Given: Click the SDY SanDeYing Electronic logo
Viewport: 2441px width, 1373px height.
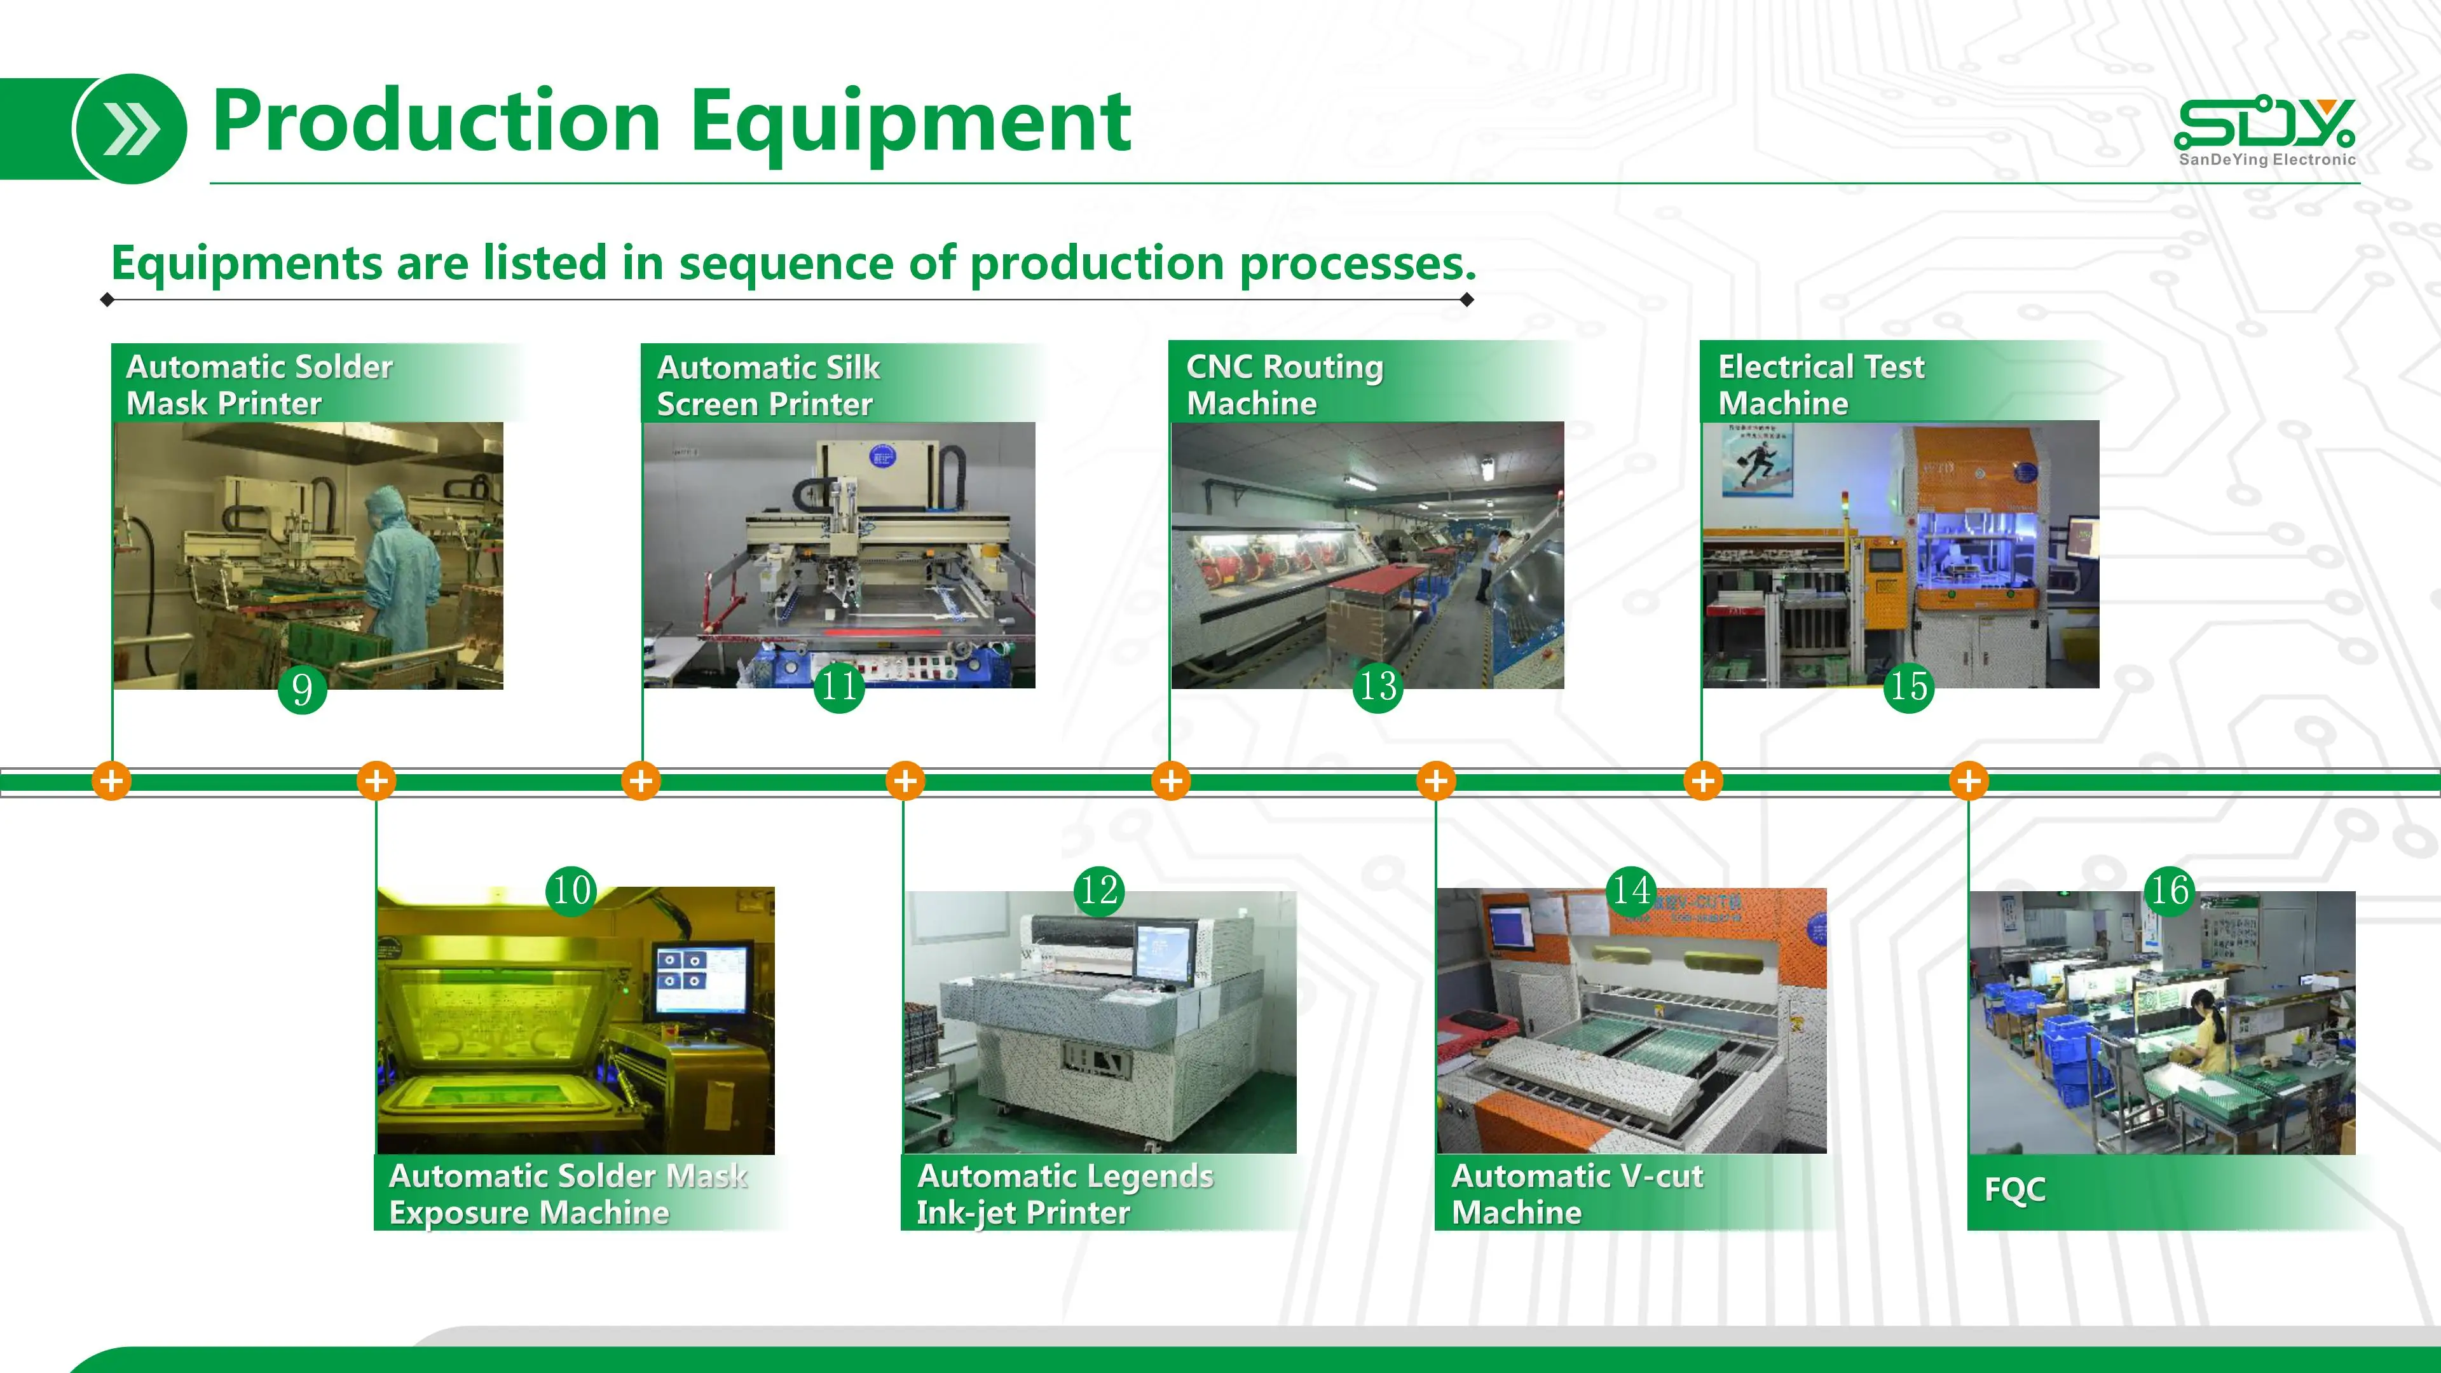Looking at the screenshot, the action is coord(2266,133).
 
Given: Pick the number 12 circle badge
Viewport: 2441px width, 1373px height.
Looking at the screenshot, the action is coord(1099,890).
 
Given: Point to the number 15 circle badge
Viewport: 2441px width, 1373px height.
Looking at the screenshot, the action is coord(1908,686).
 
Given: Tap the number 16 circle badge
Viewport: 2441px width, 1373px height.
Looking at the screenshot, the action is coord(2170,890).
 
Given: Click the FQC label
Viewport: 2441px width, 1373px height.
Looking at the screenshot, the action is coord(2014,1189).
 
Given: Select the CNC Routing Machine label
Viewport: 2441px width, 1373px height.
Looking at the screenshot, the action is coord(1284,385).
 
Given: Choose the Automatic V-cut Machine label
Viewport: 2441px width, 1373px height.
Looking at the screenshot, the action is coord(1576,1194).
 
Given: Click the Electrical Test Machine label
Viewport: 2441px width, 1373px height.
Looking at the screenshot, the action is coord(1821,385).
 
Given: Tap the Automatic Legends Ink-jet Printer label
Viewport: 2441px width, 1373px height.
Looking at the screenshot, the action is coord(1065,1194).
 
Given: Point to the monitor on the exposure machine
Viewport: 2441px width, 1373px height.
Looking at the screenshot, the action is coord(701,979).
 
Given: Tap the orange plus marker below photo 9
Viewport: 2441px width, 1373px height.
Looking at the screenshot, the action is coord(112,781).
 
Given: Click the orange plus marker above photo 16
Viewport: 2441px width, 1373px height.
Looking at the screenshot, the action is coord(1969,781).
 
